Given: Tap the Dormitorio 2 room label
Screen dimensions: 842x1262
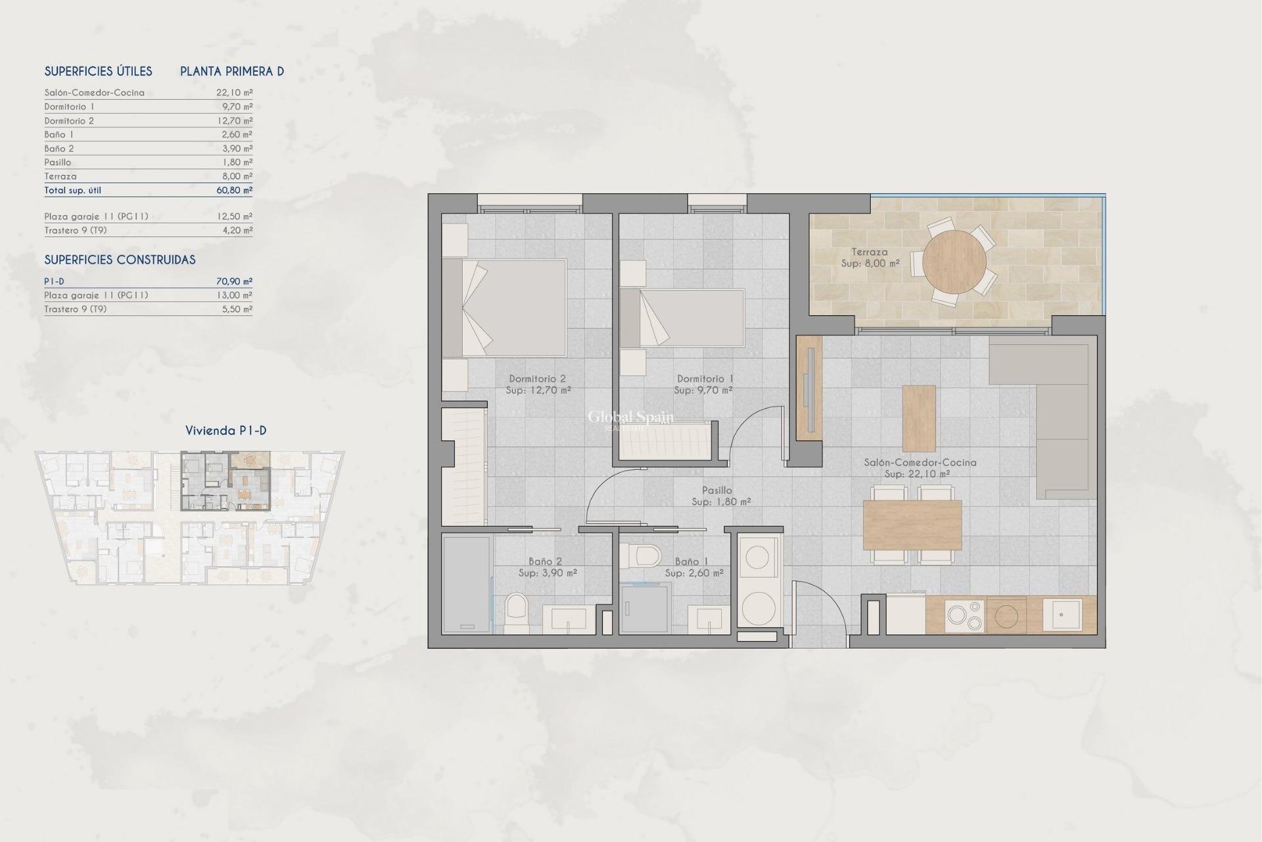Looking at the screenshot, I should click(x=537, y=379).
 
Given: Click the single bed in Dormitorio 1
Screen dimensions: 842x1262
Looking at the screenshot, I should click(x=684, y=318).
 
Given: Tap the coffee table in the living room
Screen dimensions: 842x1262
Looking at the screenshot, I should click(x=919, y=418).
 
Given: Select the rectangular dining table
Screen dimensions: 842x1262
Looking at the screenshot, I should click(x=912, y=524).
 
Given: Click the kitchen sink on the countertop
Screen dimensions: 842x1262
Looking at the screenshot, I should click(x=1062, y=615).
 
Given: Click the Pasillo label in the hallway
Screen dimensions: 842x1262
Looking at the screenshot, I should click(x=716, y=490).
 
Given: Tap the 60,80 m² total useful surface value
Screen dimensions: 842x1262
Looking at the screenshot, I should click(x=234, y=190).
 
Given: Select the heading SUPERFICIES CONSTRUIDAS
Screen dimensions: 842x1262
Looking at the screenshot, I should click(x=120, y=260).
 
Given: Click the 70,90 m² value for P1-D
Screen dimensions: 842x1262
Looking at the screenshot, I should click(x=234, y=282).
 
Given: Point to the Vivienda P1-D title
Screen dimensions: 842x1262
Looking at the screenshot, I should click(x=225, y=431).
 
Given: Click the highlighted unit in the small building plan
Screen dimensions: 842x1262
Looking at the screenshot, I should click(x=225, y=481).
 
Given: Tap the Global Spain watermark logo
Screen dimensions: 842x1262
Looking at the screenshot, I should click(x=630, y=418).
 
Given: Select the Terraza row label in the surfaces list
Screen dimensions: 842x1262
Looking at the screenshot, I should click(x=60, y=176).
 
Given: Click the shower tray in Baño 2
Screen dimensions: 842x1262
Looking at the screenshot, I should click(x=466, y=583).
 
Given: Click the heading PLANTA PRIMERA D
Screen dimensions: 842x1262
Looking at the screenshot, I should click(x=232, y=71).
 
